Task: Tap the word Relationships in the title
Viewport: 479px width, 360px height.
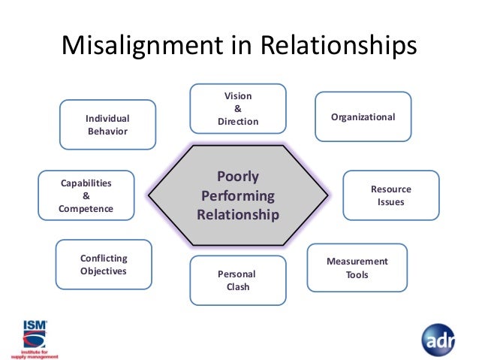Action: (339, 47)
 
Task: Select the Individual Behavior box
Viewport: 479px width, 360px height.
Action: (107, 125)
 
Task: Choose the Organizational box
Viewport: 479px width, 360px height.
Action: (363, 116)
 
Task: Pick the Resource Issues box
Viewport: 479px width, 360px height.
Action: (390, 195)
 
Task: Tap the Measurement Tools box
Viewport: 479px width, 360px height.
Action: (357, 268)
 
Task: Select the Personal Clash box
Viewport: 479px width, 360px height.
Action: (237, 280)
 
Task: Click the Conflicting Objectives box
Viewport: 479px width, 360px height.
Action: (104, 265)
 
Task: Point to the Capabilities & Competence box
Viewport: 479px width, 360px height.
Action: (86, 195)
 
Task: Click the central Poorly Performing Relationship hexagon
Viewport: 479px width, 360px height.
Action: (238, 196)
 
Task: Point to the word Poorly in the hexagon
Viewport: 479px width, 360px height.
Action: (238, 177)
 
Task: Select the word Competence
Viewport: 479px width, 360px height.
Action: (86, 208)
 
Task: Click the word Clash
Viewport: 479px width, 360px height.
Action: (238, 287)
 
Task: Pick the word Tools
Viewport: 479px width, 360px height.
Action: (357, 274)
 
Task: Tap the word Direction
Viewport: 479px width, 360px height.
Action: (238, 122)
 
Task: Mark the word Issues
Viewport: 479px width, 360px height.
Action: (390, 202)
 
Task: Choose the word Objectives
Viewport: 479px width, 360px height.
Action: (104, 271)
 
